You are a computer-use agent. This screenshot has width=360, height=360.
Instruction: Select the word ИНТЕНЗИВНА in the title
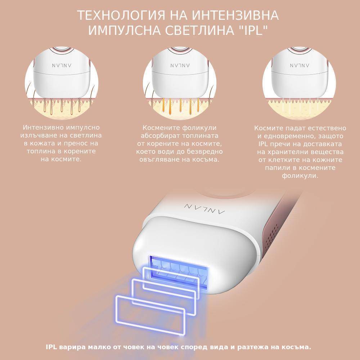(x=235, y=15)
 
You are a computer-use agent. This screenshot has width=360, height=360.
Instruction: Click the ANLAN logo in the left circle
(x=62, y=66)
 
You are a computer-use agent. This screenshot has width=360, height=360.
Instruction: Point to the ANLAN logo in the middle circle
(x=180, y=66)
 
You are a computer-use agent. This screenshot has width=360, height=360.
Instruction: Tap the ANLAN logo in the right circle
(x=300, y=66)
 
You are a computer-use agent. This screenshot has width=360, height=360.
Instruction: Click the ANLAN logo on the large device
(x=204, y=208)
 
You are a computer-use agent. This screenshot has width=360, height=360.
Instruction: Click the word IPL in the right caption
(x=264, y=144)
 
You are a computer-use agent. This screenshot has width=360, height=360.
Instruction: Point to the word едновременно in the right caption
(x=291, y=136)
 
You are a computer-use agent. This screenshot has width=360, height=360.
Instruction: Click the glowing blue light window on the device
(x=179, y=271)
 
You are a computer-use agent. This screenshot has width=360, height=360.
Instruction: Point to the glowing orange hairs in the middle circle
(x=181, y=106)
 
